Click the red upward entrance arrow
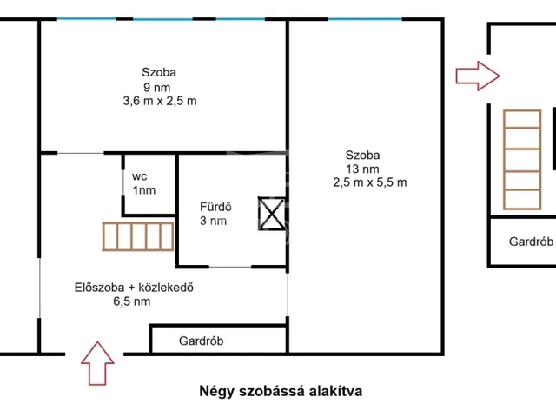pyautogui.click(x=96, y=362)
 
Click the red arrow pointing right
pyautogui.click(x=478, y=76)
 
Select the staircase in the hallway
pyautogui.click(x=137, y=236)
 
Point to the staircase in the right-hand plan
pyautogui.click(x=520, y=161)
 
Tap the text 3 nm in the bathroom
pyautogui.click(x=213, y=222)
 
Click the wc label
pyautogui.click(x=140, y=175)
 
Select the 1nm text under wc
pyautogui.click(x=144, y=189)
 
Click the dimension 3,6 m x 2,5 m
pyautogui.click(x=160, y=101)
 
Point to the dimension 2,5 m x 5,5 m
pyautogui.click(x=369, y=182)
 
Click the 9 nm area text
pyautogui.click(x=158, y=87)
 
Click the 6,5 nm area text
pyautogui.click(x=131, y=301)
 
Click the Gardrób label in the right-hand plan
pyautogui.click(x=531, y=242)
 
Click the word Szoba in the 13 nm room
pyautogui.click(x=361, y=156)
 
